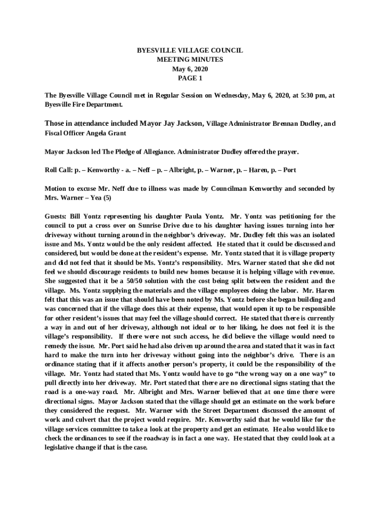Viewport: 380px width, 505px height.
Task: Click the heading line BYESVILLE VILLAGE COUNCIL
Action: click(190, 51)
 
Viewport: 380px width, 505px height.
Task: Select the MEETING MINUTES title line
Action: click(190, 60)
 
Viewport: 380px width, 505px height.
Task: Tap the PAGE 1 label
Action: click(190, 78)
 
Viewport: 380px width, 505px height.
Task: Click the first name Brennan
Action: click(278, 124)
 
